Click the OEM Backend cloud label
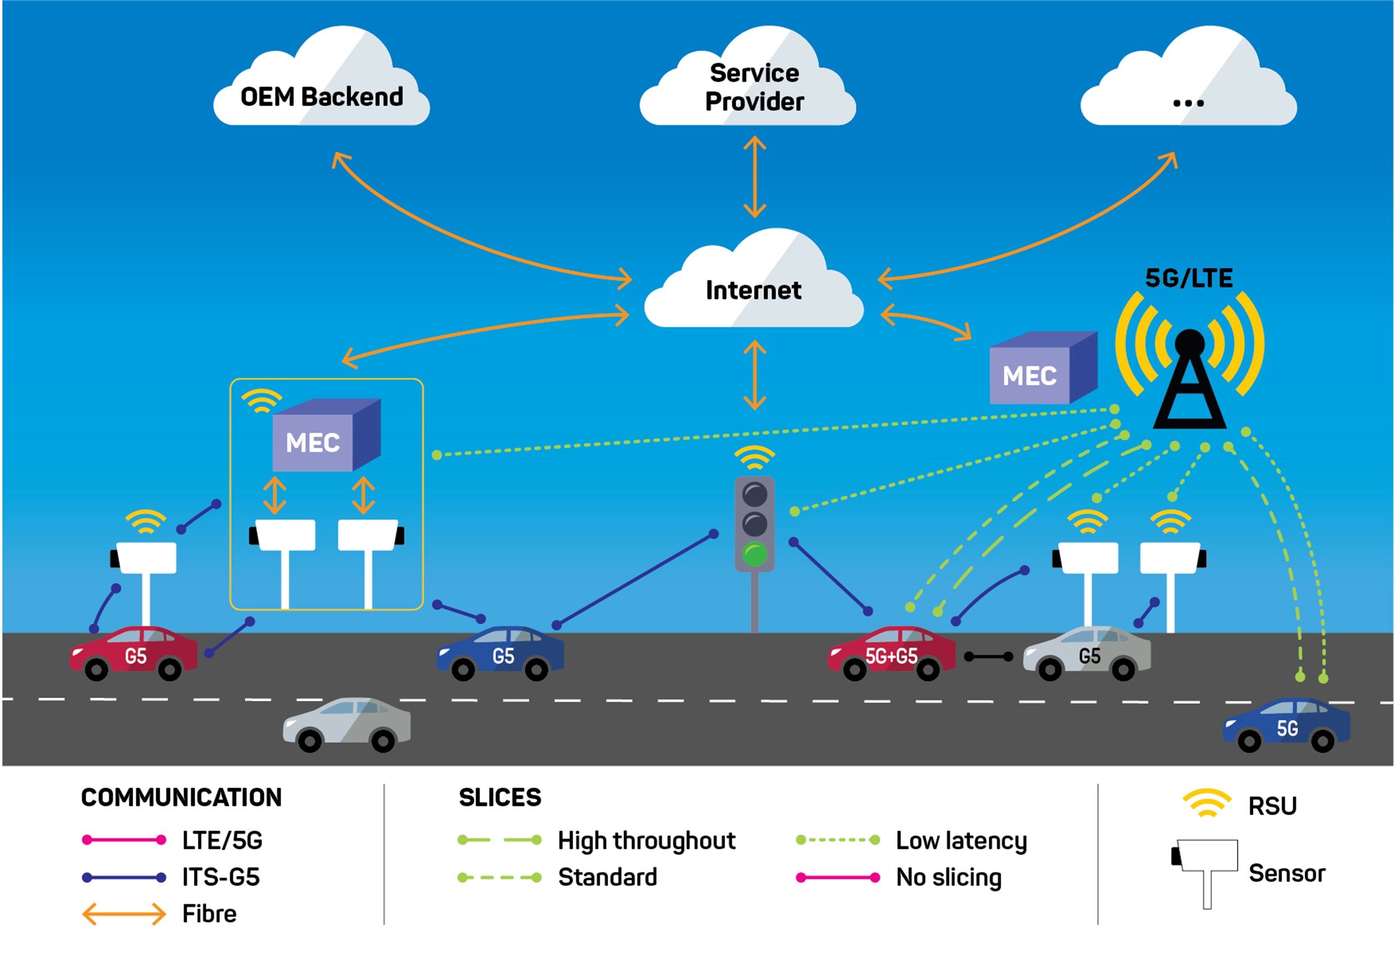[x=322, y=97]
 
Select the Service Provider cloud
[x=753, y=88]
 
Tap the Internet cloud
[x=753, y=290]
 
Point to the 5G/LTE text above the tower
[x=1188, y=278]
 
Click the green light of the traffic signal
[x=754, y=553]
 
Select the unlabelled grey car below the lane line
[x=347, y=724]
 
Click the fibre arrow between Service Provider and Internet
[x=754, y=177]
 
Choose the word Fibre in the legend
[x=209, y=914]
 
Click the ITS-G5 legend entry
[x=221, y=877]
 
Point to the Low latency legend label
[x=961, y=840]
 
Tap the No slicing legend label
[x=948, y=877]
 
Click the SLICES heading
[x=500, y=797]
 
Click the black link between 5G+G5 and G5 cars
[x=988, y=657]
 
